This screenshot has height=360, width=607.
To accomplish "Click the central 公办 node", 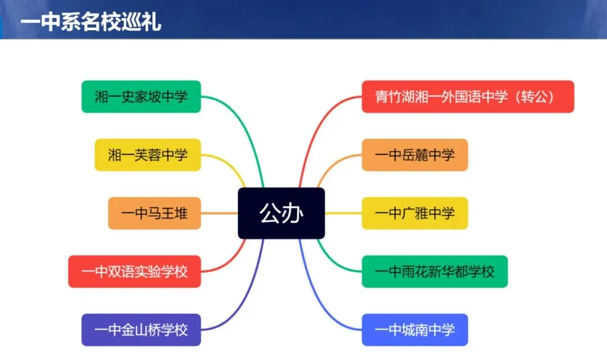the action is [281, 213].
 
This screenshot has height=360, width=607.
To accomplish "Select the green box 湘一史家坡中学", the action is [141, 97].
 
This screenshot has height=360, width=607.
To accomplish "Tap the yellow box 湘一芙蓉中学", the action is [147, 154].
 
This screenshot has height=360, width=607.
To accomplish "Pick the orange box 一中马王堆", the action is [154, 213].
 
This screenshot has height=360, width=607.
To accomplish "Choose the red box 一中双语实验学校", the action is [134, 271].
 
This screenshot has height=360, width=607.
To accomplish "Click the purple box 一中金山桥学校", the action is [141, 330].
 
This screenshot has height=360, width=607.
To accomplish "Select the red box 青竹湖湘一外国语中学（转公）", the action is [468, 97].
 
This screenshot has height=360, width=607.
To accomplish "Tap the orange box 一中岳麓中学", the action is [415, 154].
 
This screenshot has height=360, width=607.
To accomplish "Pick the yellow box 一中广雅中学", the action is [415, 213].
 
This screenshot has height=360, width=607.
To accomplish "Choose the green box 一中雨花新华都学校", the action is [434, 271].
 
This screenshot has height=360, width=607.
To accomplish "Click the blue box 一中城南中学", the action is [415, 330].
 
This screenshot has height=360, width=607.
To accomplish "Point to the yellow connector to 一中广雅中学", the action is [343, 213].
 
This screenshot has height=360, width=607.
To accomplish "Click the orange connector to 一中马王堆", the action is [219, 213].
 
